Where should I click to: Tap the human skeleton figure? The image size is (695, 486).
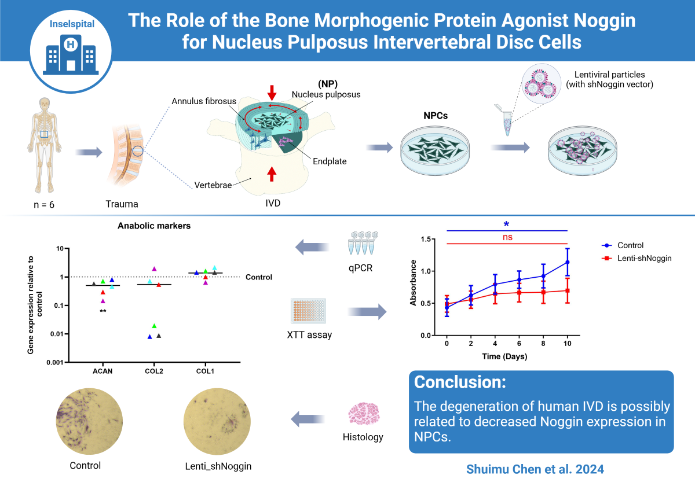click(44, 145)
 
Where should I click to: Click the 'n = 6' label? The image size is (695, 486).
click(44, 204)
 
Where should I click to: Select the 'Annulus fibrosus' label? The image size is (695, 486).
click(196, 101)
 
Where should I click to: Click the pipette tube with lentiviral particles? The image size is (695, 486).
click(505, 122)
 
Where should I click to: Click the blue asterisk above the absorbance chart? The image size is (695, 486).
click(507, 224)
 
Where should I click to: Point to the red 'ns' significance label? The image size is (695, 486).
click(507, 237)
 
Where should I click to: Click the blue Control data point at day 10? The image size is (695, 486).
click(567, 262)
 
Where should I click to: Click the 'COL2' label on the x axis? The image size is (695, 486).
click(153, 371)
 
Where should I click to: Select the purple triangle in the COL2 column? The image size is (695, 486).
click(154, 268)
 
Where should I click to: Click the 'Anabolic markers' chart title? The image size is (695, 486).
click(153, 226)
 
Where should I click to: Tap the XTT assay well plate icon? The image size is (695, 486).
click(309, 311)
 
